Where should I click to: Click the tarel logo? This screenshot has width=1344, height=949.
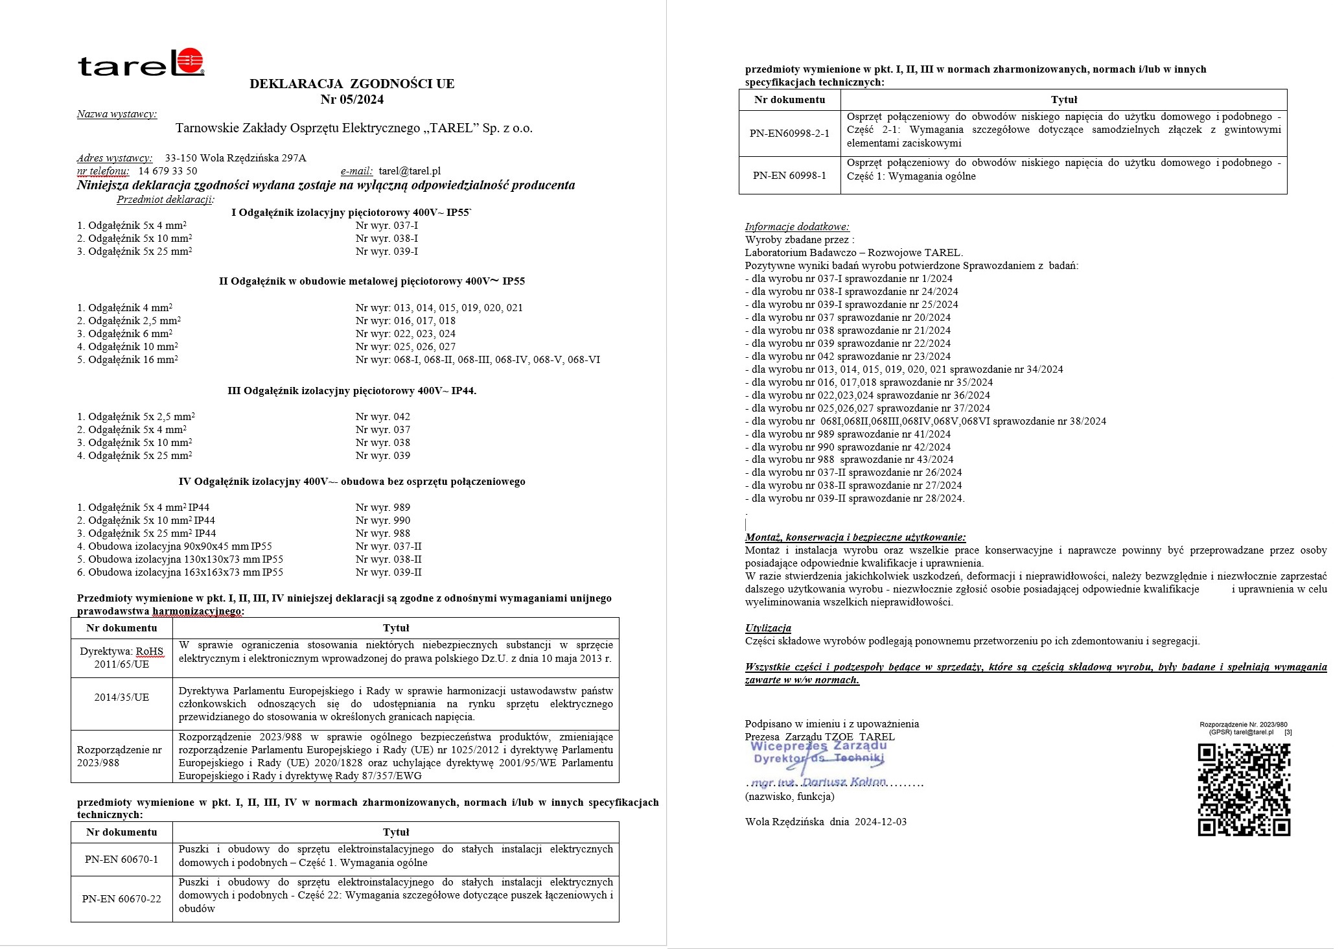coord(141,63)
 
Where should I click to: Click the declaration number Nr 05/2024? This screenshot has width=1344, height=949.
coord(352,99)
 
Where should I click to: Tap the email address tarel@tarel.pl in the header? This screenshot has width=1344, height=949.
coord(410,171)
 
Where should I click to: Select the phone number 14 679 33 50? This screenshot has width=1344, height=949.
coord(168,171)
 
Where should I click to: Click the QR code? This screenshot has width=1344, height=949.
coord(1244,790)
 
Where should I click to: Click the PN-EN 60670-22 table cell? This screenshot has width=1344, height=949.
coord(122,898)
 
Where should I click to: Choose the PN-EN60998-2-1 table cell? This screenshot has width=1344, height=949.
coord(789,133)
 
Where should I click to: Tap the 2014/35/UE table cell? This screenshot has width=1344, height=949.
coord(122,697)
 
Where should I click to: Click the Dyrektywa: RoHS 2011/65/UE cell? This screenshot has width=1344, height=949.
coord(122,658)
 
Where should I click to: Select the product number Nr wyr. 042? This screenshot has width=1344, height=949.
coord(383,417)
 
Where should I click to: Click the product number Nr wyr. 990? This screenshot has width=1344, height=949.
coord(383,521)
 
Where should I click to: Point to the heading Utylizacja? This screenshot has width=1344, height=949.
coord(768,628)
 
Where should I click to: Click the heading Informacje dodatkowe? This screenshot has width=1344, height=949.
coord(797,227)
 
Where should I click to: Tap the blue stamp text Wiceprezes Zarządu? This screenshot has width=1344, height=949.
coord(818,746)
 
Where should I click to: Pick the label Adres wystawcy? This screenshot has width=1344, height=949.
coord(115,158)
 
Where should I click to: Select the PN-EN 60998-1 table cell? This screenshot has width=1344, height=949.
coord(789,176)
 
